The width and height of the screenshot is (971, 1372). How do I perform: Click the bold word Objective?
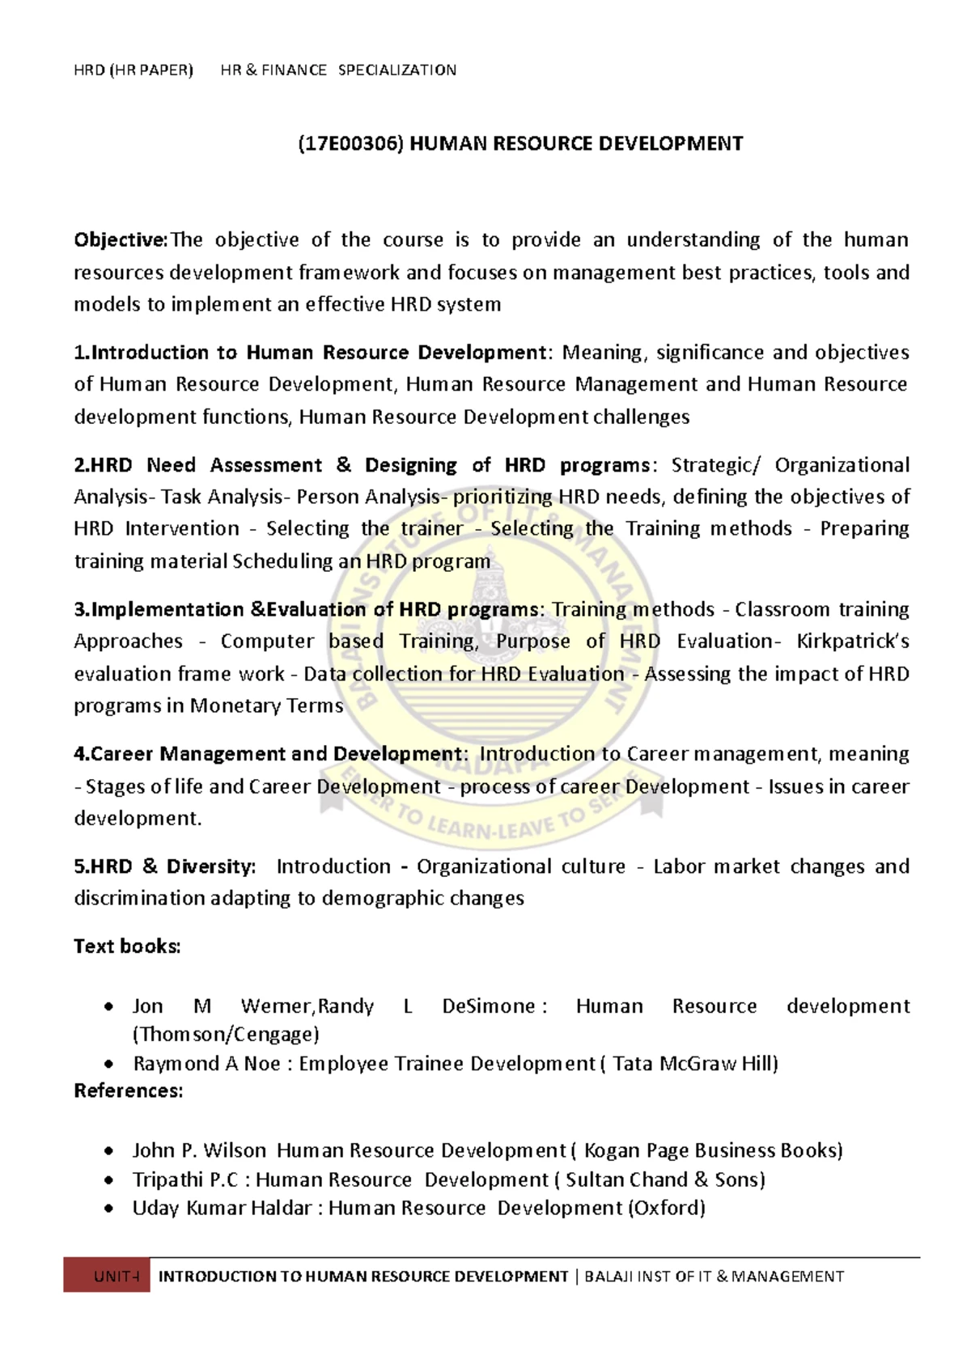pos(121,240)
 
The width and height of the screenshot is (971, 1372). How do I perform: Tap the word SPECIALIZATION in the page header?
pos(396,70)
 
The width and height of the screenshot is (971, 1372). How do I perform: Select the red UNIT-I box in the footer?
pos(107,1277)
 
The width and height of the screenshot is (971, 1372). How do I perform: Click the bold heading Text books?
pos(127,946)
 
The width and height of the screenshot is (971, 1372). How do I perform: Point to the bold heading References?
pos(129,1090)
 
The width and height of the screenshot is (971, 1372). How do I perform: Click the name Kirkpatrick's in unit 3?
pos(853,642)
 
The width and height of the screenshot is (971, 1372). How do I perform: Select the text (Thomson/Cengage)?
pos(226,1035)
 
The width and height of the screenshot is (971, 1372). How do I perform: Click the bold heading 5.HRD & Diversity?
pos(165,866)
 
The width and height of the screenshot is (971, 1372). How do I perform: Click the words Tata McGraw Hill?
pos(693,1064)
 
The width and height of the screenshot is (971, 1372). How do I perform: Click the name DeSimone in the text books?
pos(489,1006)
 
